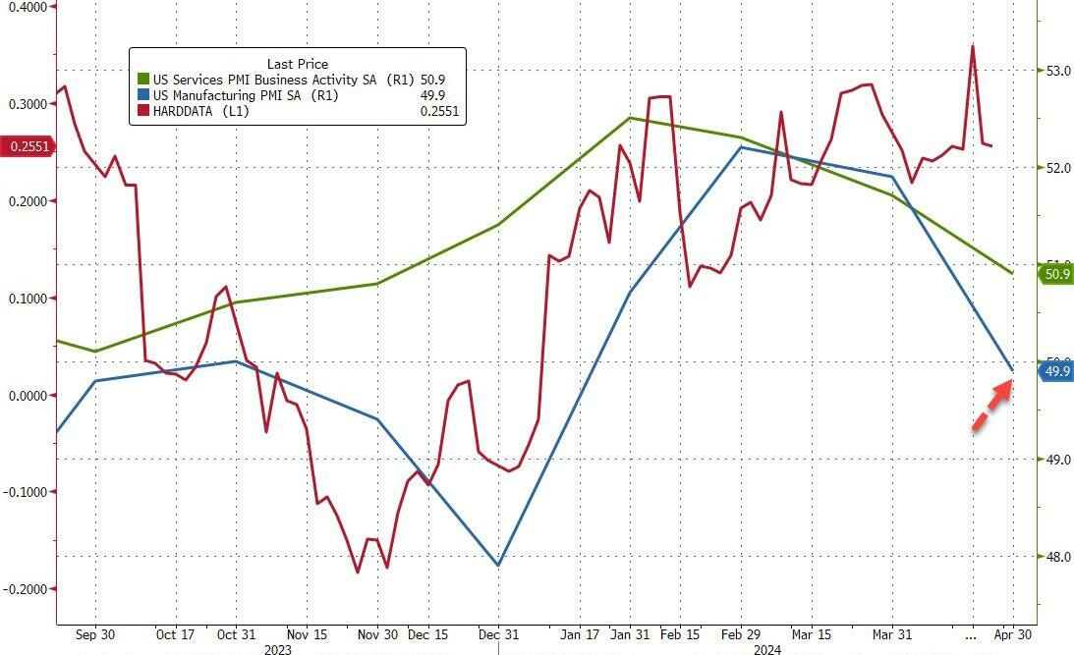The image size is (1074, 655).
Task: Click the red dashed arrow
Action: [992, 406]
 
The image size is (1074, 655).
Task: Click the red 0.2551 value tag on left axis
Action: [28, 146]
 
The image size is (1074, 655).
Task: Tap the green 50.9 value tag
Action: [1056, 274]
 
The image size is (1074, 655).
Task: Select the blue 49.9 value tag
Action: [1056, 371]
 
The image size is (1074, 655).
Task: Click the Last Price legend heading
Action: [298, 64]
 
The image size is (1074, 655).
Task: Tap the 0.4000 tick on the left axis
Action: [27, 7]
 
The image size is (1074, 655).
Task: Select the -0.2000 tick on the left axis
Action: [27, 588]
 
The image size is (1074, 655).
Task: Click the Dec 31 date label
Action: [498, 634]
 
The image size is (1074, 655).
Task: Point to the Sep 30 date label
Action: [95, 634]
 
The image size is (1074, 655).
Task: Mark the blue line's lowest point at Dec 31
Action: [498, 566]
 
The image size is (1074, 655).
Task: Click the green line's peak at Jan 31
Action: [630, 118]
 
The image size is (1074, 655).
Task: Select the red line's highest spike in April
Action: [973, 46]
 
